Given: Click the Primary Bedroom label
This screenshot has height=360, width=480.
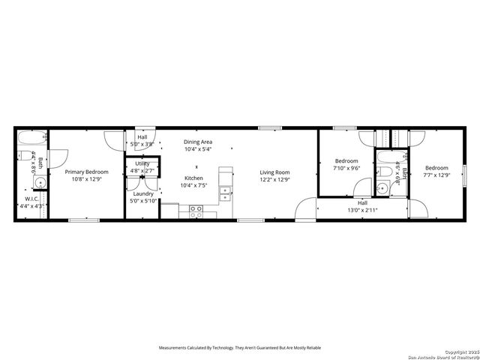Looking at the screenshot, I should tap(86, 172).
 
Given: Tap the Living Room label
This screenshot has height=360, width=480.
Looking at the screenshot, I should tap(274, 172).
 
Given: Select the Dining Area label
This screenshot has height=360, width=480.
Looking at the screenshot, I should tap(198, 141).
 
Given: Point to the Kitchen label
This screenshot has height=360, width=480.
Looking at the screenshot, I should tap(193, 178).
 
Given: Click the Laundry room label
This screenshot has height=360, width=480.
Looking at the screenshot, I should tap(142, 193).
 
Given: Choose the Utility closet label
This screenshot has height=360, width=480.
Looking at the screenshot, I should tap(142, 163).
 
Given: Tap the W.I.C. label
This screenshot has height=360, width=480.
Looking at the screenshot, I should tap(31, 199).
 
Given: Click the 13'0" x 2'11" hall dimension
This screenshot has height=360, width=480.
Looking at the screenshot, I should tap(362, 211).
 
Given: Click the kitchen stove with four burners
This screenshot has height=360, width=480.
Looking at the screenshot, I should tap(196, 211).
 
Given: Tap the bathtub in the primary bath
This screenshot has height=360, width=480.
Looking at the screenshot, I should tap(32, 139).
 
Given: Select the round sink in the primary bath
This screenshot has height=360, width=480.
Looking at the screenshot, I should tap(40, 182).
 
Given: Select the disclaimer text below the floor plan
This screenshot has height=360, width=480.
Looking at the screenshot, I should tap(240, 347).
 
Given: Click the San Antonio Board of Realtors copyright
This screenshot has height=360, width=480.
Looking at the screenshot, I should tap(442, 355).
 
